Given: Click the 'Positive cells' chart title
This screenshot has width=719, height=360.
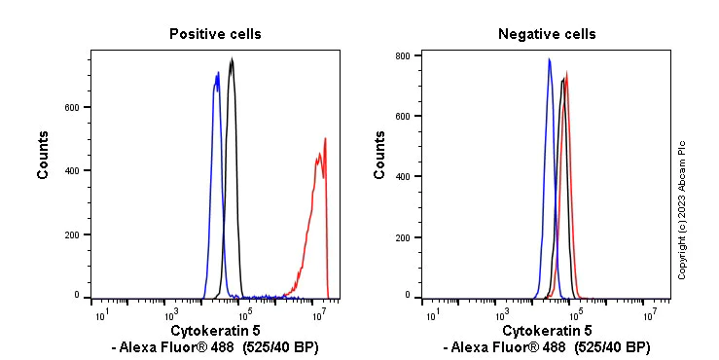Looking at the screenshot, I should point(215,34).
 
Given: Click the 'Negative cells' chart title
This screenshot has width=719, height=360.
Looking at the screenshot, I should point(547,34).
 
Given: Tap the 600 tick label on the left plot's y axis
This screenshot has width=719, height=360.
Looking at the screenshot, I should point(71,107).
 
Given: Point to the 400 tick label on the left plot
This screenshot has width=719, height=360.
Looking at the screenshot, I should point(71,170).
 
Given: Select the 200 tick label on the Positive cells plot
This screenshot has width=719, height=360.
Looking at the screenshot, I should point(71,234).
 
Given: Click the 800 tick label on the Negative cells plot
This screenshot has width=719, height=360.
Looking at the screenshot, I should point(402,55).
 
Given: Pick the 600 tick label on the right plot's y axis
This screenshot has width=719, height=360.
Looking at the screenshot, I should point(402,116).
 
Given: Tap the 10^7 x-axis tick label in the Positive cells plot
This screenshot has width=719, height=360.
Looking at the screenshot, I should point(318,314).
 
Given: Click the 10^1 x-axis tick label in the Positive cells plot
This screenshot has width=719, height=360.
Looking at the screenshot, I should point(100,314).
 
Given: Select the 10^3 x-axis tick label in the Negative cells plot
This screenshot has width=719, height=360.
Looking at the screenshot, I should point(502,314).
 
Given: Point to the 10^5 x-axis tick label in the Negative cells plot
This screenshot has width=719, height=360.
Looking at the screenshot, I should point(575,314).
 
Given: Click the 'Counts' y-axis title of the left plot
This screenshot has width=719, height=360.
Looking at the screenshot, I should point(44,155).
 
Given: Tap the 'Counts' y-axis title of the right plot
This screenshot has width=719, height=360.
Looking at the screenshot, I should point(379,155).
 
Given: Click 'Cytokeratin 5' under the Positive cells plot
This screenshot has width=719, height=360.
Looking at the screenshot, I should point(215,332).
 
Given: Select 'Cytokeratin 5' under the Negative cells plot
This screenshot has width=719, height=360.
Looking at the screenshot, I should point(546,332).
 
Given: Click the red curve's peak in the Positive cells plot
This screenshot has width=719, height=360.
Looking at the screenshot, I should point(325,138).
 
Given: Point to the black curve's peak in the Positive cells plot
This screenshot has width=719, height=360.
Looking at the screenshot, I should point(232,59).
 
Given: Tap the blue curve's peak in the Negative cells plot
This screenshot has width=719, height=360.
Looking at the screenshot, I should point(549,59).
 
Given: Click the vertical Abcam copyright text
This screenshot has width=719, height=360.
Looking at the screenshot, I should point(682,210).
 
